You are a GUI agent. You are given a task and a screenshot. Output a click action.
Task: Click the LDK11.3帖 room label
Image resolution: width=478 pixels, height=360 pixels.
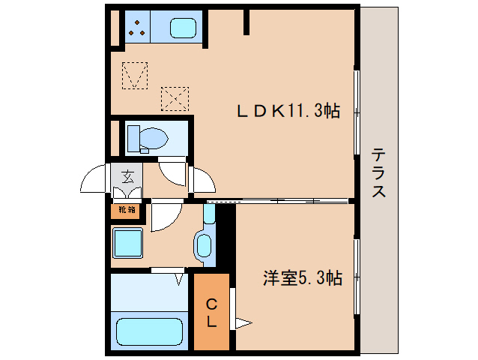288,112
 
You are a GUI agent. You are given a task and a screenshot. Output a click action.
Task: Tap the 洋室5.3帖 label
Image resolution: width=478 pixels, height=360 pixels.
302,278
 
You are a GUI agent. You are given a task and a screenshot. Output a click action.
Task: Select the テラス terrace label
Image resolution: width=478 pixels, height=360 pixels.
379,173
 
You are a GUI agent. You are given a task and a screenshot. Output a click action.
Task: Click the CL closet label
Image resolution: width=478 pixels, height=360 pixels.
212,313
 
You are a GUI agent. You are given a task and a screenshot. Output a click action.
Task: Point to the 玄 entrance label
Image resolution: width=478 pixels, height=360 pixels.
127,178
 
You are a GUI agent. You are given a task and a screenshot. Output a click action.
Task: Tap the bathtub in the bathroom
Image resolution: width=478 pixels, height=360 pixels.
150,331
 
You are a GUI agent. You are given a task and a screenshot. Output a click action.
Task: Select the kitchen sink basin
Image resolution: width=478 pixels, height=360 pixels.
182,28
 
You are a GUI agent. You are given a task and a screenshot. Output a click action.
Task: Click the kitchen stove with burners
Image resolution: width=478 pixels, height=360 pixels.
137,27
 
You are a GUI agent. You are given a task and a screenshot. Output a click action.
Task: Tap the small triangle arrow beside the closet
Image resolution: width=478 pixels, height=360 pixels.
243,324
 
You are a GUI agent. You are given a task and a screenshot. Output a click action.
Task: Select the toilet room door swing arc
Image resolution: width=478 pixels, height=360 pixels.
173,172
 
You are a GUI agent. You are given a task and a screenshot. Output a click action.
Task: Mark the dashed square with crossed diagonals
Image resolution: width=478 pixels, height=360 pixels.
175,97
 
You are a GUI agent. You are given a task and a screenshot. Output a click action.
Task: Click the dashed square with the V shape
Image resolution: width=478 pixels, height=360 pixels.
136,74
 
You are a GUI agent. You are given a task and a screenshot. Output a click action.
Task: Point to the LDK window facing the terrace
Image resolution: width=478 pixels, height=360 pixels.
357,113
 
